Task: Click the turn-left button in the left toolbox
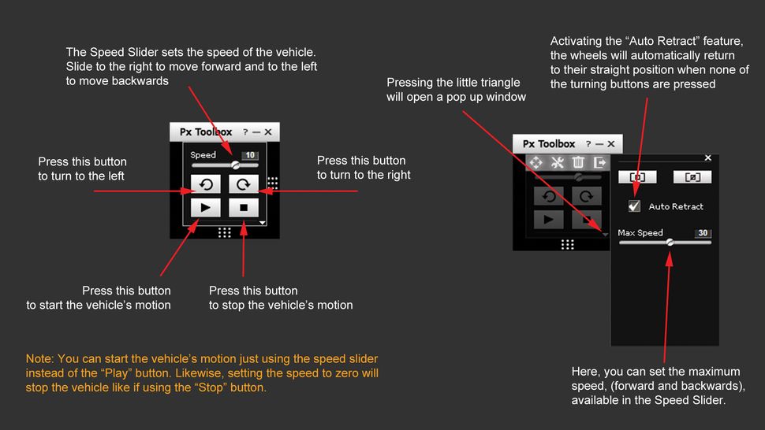click(205, 184)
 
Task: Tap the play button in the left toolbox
click(205, 208)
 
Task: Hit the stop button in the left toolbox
click(244, 208)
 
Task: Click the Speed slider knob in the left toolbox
click(235, 165)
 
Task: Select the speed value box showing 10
click(250, 155)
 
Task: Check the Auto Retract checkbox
click(634, 206)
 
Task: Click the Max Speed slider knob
click(670, 243)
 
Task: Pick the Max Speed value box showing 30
click(703, 233)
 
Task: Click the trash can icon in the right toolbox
click(578, 162)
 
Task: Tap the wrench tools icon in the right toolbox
click(557, 162)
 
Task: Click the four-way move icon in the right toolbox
click(535, 162)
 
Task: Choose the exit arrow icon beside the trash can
click(600, 162)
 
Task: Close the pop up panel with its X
click(707, 158)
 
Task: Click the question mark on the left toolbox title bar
click(245, 132)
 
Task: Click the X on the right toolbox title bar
click(610, 144)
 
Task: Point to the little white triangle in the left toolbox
click(263, 223)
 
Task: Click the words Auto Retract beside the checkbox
click(676, 206)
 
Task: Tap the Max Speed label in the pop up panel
click(640, 233)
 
